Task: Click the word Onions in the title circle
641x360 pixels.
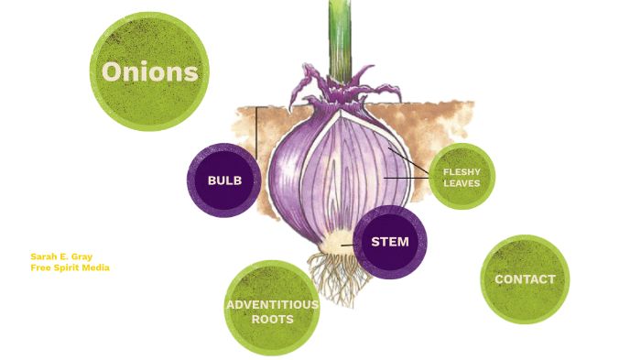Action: click(150, 72)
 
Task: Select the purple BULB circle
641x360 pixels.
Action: click(224, 180)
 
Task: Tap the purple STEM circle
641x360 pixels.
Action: click(389, 242)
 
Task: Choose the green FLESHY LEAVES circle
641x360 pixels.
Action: click(462, 177)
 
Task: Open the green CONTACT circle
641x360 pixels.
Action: click(525, 279)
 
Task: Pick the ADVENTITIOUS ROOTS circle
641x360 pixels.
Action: click(272, 309)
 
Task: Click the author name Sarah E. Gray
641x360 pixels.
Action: click(61, 256)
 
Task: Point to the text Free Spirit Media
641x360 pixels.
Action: click(70, 268)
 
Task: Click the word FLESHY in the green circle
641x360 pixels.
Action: click(462, 171)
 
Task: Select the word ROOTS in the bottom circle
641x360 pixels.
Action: click(273, 320)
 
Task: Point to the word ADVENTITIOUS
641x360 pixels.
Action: click(272, 304)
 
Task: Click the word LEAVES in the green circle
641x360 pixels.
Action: click(462, 183)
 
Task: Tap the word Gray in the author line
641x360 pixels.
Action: click(82, 256)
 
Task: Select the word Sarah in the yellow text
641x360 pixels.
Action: click(42, 256)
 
